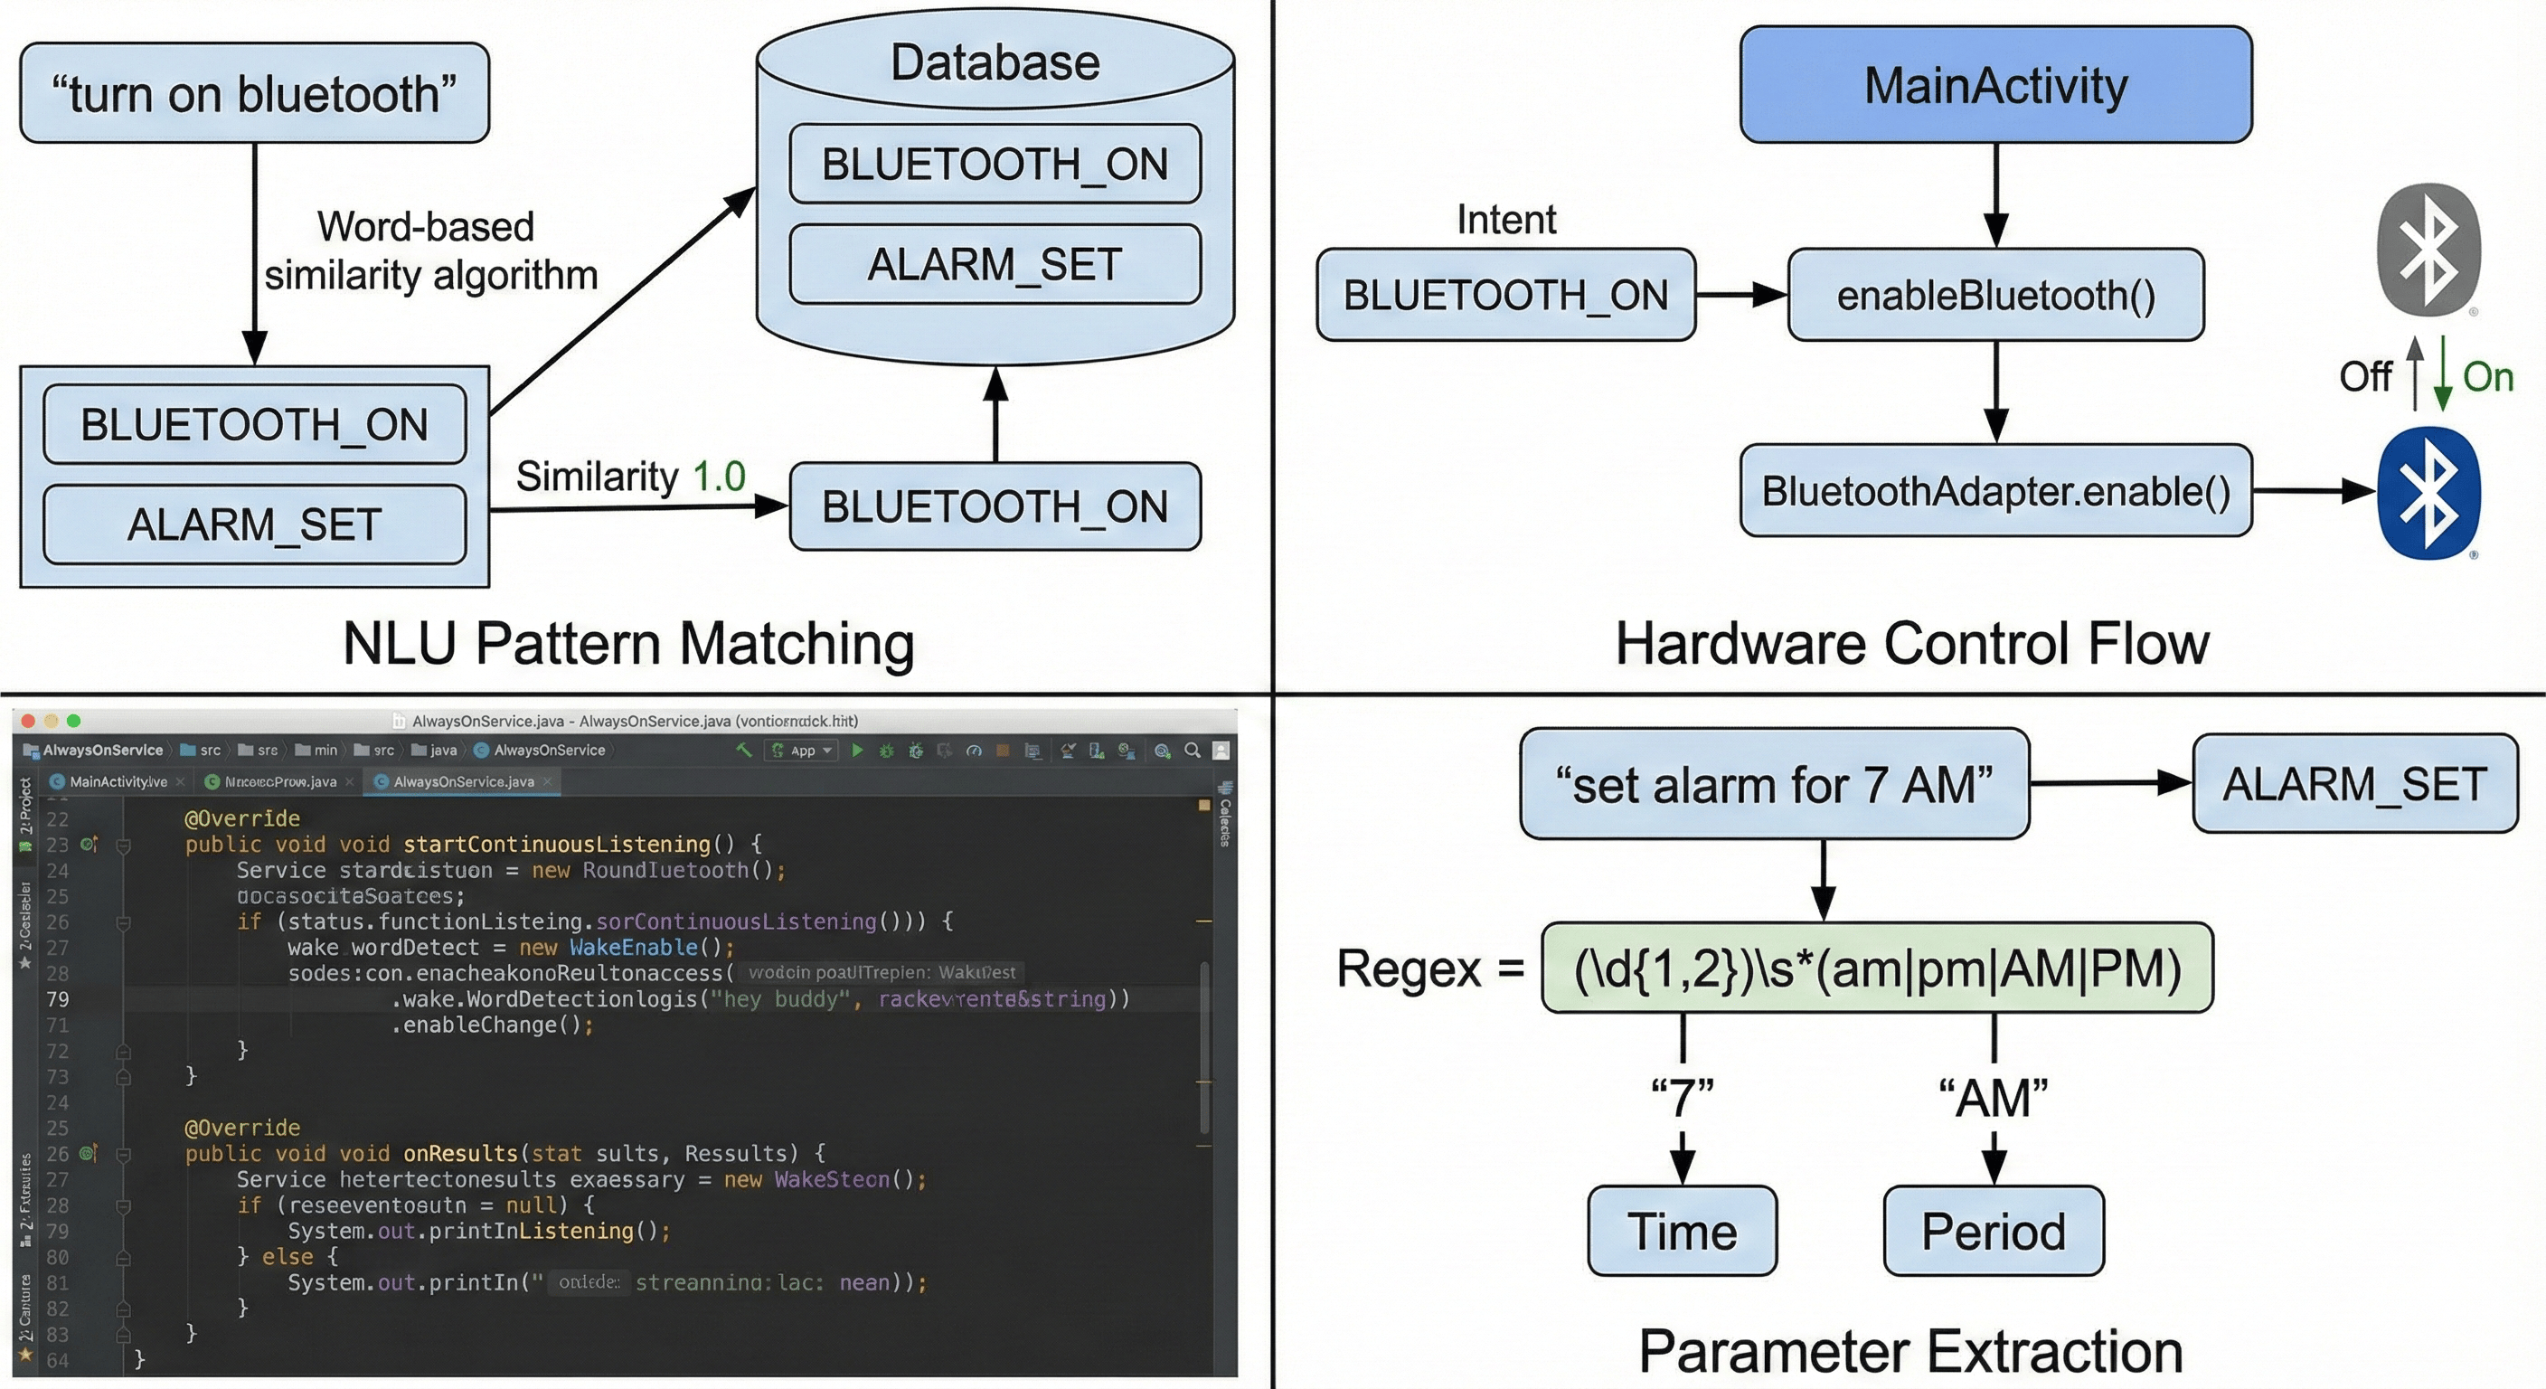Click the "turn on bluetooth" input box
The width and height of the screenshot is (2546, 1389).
254,93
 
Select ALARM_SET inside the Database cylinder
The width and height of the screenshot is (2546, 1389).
995,264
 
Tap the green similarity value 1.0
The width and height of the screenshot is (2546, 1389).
719,477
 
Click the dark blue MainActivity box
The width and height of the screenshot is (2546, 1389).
1995,85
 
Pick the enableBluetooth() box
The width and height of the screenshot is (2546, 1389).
1995,295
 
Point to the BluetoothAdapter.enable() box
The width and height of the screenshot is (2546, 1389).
1995,490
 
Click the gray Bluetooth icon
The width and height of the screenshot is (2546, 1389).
2428,249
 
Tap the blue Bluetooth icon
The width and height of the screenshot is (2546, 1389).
2428,492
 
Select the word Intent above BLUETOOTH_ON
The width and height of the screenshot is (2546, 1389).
1505,220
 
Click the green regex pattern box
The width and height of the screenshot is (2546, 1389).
1876,968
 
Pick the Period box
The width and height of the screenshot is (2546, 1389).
1993,1231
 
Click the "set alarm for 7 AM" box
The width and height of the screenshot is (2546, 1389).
1774,784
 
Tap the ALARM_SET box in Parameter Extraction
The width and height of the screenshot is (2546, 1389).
2354,784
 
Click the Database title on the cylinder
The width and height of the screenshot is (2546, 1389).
995,62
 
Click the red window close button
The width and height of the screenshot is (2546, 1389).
29,721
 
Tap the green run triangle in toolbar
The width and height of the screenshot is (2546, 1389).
857,751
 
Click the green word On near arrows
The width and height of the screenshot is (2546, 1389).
2488,377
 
